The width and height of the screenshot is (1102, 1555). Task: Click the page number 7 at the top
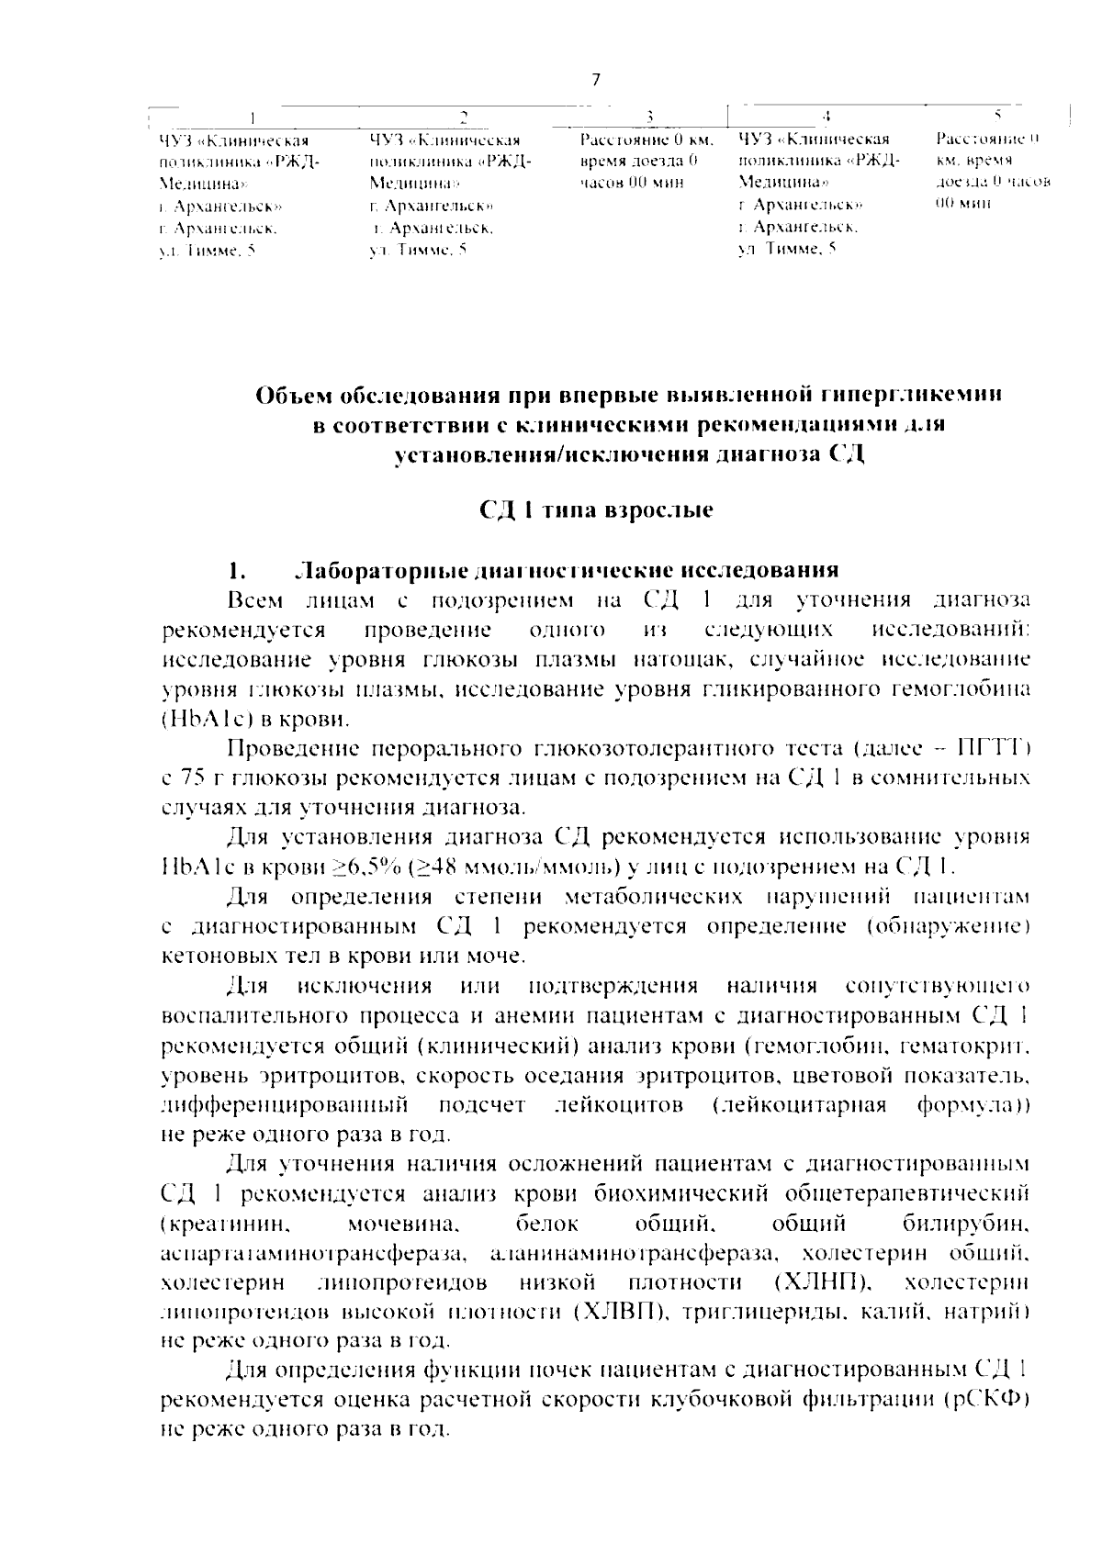(x=595, y=80)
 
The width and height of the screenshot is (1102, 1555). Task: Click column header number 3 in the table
(x=649, y=117)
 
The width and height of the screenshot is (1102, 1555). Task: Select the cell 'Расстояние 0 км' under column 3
(x=646, y=140)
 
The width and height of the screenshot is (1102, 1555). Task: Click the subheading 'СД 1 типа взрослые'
(x=597, y=510)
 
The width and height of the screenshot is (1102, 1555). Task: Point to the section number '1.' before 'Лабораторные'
(x=237, y=570)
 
